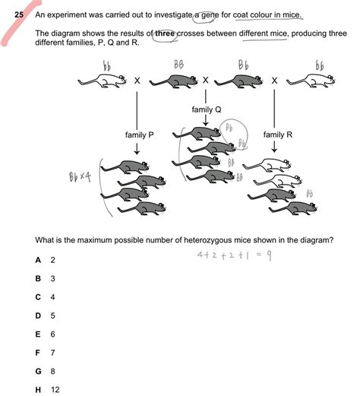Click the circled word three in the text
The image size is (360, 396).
pos(166,34)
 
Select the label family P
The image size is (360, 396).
pos(139,135)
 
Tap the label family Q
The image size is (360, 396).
pos(206,109)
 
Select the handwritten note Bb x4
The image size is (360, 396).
pos(80,177)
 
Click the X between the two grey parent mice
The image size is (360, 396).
pos(207,81)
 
